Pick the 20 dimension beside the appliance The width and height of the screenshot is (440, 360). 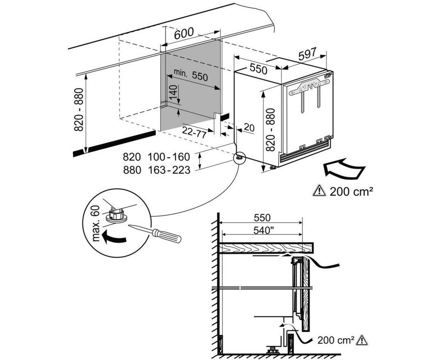point(249,128)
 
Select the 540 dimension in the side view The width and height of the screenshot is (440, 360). point(262,230)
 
